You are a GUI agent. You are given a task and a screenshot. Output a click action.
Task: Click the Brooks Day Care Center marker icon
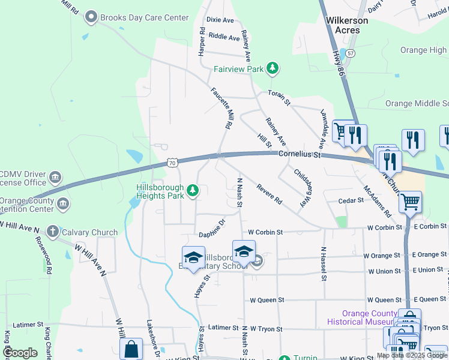click(x=92, y=17)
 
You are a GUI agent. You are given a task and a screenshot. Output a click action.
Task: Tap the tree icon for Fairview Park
click(x=273, y=68)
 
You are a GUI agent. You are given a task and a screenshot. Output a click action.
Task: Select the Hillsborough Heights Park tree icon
click(x=193, y=191)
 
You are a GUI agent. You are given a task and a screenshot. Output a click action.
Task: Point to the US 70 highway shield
click(x=172, y=163)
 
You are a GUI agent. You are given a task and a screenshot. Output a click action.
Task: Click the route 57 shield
click(x=351, y=53)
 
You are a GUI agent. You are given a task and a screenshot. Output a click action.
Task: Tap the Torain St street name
click(x=279, y=98)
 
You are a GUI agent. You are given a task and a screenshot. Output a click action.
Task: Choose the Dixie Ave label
click(x=220, y=20)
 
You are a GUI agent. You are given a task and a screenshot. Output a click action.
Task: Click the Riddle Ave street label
click(x=224, y=37)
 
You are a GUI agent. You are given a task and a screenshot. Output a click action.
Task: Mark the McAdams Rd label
click(x=377, y=200)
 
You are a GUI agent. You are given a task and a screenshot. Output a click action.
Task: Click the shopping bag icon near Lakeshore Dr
click(x=131, y=350)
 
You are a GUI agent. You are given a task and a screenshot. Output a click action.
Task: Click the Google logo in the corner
click(x=20, y=353)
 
